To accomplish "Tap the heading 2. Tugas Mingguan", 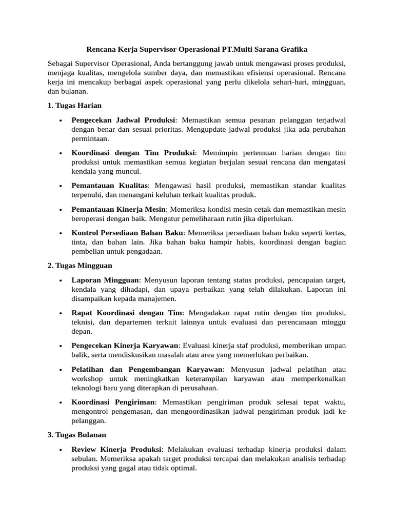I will tap(80, 266).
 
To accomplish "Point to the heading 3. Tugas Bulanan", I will tap(77, 434).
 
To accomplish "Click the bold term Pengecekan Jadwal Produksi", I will tap(124, 119).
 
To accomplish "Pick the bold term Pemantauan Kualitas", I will tap(110, 185).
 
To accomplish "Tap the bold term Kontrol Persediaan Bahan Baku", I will tap(127, 233).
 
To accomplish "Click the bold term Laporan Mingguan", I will tap(105, 280).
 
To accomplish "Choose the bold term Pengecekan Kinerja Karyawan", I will tap(125, 346).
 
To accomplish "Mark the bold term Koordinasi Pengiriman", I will tap(112, 402).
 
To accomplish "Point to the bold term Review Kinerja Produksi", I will tap(116, 449).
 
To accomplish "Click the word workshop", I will tap(87, 378).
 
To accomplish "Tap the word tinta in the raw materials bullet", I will tap(80, 242).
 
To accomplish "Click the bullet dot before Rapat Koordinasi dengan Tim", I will tap(61, 313).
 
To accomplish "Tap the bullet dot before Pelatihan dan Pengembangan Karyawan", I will tap(61, 369).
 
